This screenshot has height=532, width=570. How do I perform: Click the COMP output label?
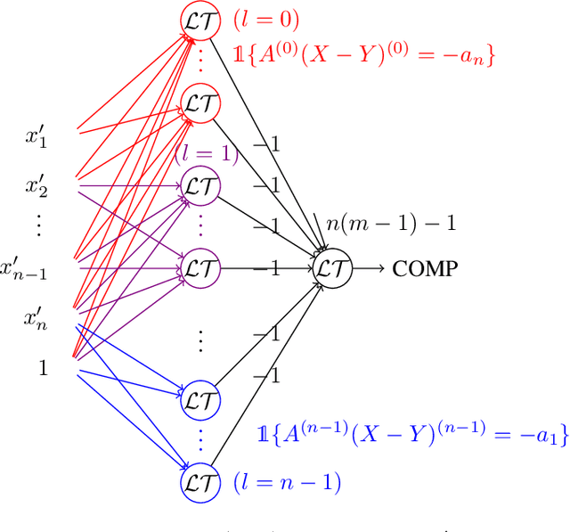(426, 266)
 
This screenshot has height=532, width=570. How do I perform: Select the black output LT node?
(334, 266)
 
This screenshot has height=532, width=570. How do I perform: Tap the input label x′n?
(38, 316)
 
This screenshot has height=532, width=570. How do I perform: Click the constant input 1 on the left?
(42, 365)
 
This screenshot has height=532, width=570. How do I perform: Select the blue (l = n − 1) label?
(287, 483)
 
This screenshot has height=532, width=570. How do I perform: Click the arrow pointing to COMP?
(370, 266)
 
